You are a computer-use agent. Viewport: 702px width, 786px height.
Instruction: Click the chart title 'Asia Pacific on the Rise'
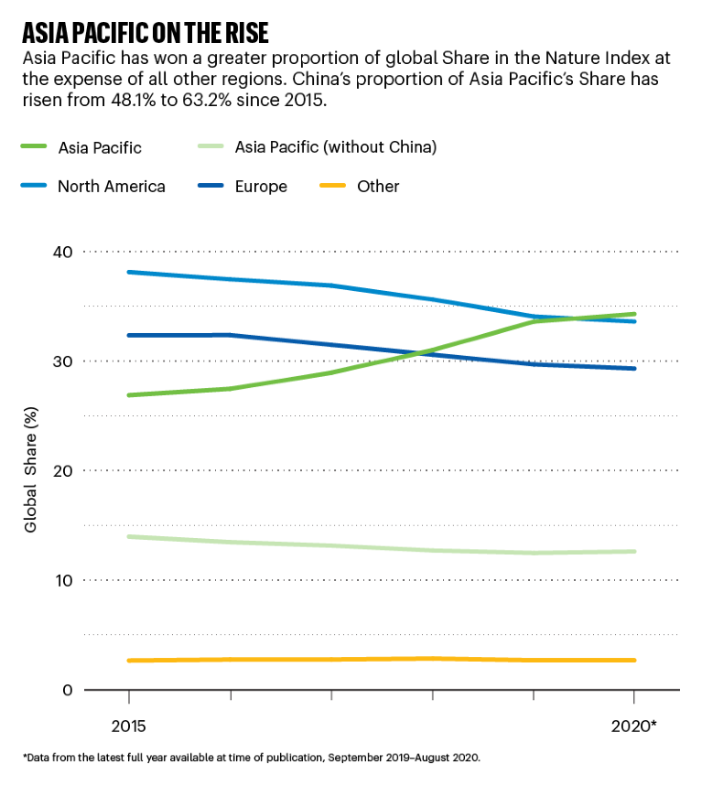click(x=145, y=34)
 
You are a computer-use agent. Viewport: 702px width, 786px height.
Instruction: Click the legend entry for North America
click(x=111, y=187)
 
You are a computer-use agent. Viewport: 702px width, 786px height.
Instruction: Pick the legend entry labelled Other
click(x=378, y=187)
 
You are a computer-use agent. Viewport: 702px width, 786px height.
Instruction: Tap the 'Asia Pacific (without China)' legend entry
click(x=335, y=146)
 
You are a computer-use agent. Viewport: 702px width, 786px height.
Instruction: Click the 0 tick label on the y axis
click(x=68, y=690)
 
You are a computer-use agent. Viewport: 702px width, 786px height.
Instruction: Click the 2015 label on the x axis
click(x=129, y=727)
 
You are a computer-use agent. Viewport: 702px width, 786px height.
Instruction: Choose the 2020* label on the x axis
click(x=633, y=727)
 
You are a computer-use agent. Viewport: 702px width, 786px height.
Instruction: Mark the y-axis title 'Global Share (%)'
click(x=31, y=470)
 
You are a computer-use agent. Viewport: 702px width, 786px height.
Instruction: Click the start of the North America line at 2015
click(x=129, y=272)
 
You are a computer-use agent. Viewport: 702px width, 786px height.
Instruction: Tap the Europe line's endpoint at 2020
click(x=634, y=368)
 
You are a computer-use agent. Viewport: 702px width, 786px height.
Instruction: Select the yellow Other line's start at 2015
click(x=129, y=661)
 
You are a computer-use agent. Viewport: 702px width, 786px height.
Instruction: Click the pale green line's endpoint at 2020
click(x=634, y=551)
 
